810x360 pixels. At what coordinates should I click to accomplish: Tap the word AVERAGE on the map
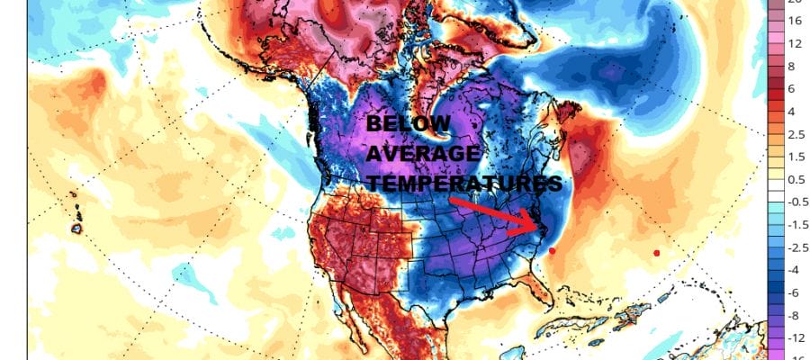point(424,155)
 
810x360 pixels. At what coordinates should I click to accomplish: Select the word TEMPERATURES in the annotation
point(464,183)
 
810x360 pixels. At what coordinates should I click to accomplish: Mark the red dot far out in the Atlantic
point(656,253)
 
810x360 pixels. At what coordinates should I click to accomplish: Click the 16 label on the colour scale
point(795,19)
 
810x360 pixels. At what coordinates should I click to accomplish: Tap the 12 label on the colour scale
point(795,42)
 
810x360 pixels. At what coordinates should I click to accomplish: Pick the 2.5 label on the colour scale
point(795,134)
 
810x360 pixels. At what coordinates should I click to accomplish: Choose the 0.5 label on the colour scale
point(795,180)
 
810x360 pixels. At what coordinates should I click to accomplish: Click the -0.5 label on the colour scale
point(796,202)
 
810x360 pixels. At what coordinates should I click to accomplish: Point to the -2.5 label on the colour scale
point(796,247)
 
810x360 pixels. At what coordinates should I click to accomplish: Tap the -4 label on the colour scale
point(794,270)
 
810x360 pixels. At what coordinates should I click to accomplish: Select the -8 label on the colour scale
point(794,316)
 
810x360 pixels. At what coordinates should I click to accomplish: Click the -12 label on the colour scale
point(796,338)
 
